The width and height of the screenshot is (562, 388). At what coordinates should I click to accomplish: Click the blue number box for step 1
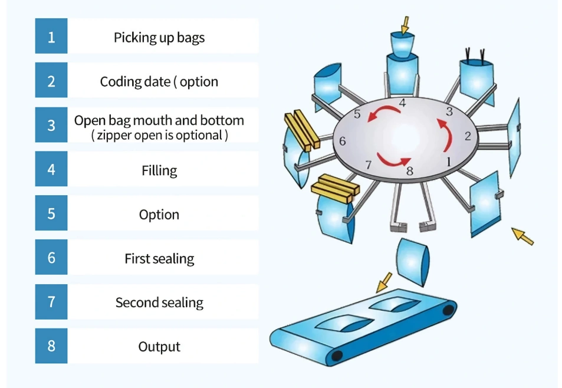pos(51,37)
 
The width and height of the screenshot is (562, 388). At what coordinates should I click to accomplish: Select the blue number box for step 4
pos(51,170)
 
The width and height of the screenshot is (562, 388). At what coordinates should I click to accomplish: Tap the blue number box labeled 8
pos(51,346)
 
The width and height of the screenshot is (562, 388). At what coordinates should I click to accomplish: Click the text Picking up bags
pos(159,38)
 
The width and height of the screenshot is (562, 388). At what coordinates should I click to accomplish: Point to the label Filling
pos(159,170)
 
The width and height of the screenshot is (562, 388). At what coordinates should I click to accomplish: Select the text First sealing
pos(159,258)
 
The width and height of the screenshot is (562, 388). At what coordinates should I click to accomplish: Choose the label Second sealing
pos(159,302)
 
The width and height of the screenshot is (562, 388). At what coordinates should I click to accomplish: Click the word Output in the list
pos(159,347)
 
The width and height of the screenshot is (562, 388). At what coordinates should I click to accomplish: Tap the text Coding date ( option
pos(159,81)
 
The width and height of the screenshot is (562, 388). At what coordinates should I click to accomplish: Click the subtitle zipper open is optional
pos(159,136)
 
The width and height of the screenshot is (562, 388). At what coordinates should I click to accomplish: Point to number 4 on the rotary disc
pos(402,103)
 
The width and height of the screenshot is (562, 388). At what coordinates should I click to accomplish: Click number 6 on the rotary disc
pos(343,142)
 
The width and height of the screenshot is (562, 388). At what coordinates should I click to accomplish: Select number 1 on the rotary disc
pos(448,160)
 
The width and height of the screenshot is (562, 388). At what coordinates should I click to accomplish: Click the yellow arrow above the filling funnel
pos(405,24)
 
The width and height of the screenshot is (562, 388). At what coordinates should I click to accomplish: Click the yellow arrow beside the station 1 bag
pos(522,236)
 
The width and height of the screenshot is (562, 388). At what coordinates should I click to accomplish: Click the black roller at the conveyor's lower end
pos(337,356)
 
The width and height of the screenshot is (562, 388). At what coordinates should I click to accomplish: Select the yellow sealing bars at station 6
pos(301,129)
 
